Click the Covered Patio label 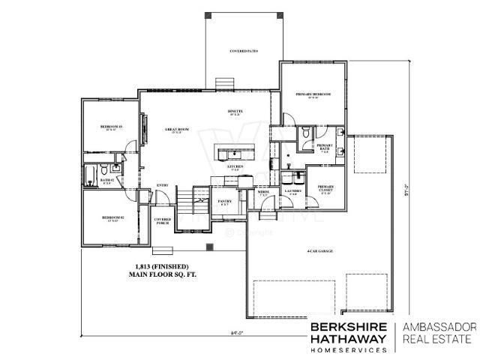244,51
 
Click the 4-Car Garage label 319,250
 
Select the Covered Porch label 163,220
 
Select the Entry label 162,185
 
